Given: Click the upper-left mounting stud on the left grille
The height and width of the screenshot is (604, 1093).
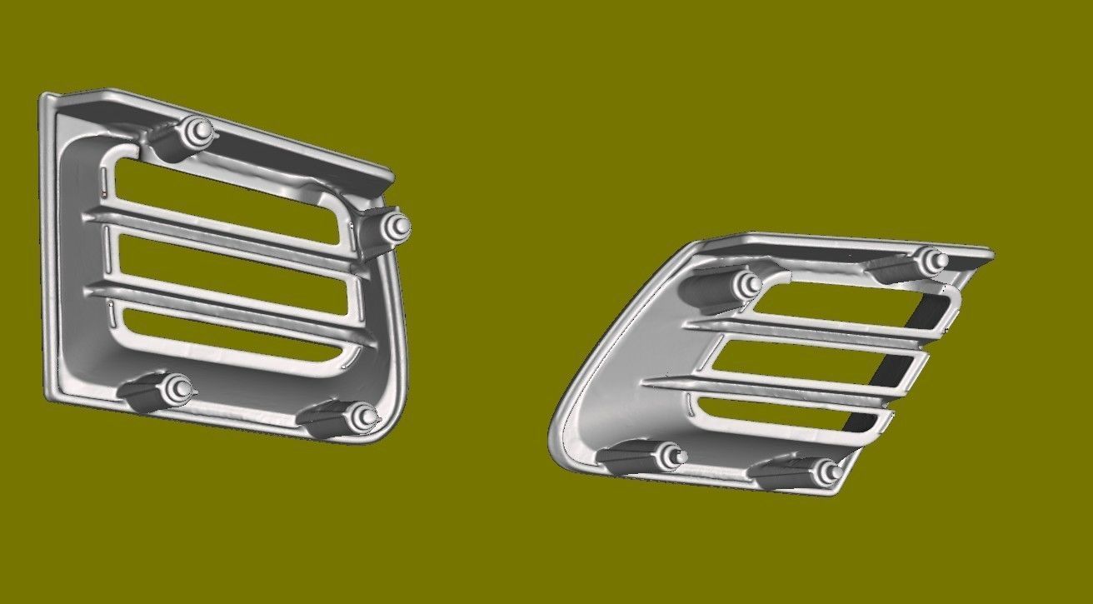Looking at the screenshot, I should pyautogui.click(x=198, y=130).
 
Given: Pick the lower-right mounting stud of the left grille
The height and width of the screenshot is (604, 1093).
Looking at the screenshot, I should pyautogui.click(x=363, y=417).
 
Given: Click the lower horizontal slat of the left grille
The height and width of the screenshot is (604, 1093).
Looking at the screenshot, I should pyautogui.click(x=225, y=305).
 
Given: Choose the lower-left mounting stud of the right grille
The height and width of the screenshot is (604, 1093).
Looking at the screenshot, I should pyautogui.click(x=671, y=456).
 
